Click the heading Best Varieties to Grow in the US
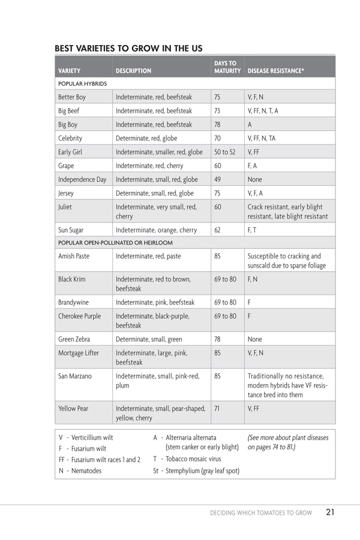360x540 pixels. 128,48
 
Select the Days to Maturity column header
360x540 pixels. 227,67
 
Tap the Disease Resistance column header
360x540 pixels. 275,71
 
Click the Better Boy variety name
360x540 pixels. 72,97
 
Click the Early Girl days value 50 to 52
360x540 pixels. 225,152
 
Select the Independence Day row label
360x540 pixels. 82,179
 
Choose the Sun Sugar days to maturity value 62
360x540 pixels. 218,230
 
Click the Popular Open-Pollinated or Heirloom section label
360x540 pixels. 115,242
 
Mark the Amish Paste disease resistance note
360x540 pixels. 284,260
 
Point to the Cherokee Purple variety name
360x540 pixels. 79,316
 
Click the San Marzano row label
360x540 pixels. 76,376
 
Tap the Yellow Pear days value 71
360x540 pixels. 217,409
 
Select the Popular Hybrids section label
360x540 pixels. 83,84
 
